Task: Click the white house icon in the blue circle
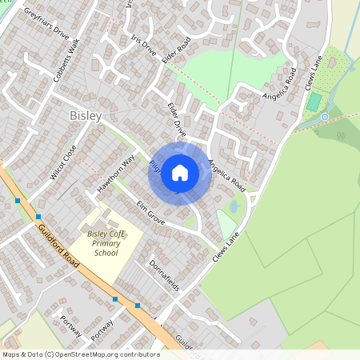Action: (x=180, y=171)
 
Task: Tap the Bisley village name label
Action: (x=86, y=116)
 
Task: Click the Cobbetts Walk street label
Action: (x=66, y=58)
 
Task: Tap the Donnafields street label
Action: (x=166, y=274)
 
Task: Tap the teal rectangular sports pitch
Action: (x=314, y=102)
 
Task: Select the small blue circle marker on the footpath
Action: (x=325, y=117)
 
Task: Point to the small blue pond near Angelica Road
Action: (x=233, y=206)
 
